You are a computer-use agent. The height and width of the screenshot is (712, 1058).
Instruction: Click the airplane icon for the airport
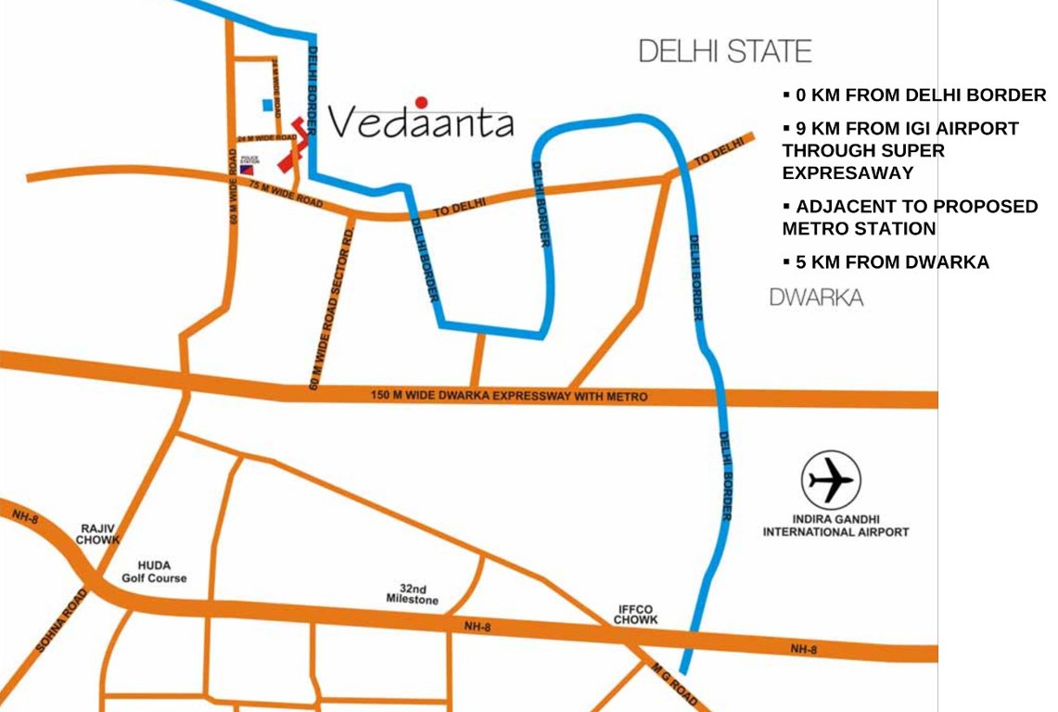point(831,480)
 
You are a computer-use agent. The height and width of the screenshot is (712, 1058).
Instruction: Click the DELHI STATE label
point(725,51)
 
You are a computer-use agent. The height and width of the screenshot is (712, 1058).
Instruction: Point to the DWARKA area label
point(816,298)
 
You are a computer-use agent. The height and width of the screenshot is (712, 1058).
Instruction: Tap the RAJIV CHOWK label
point(97,533)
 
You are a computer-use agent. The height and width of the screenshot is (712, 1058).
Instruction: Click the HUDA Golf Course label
point(154,571)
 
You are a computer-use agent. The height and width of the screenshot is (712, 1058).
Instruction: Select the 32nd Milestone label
point(413,594)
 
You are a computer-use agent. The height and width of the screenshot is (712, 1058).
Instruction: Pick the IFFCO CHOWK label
point(637,615)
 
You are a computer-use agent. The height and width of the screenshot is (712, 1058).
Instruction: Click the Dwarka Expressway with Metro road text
point(508,396)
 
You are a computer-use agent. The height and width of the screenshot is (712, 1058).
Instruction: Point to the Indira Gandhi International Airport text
point(835,526)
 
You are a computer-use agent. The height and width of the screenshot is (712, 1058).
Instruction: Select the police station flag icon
point(247,170)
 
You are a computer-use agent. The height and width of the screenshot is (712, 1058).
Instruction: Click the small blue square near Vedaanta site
point(268,106)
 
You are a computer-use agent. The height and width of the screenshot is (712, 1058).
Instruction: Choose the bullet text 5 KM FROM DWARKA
point(891,262)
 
